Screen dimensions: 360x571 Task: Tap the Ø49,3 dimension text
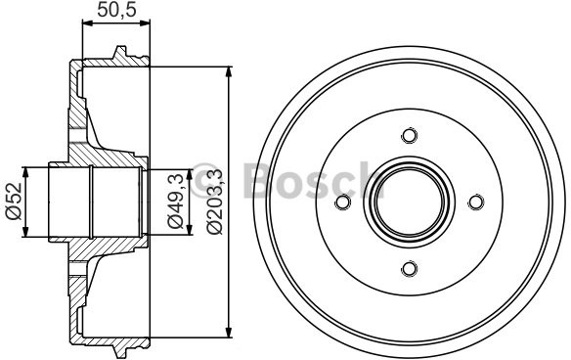tap(176, 202)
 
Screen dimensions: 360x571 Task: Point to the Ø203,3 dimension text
tap(214, 202)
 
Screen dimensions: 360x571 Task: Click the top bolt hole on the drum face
tap(409, 136)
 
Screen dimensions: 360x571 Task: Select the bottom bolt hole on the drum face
tap(409, 268)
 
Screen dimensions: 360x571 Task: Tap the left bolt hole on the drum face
tap(342, 202)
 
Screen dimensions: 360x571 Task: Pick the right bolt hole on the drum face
tap(475, 202)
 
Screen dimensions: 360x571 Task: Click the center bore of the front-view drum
tap(409, 202)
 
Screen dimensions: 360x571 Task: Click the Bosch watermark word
tap(304, 179)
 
